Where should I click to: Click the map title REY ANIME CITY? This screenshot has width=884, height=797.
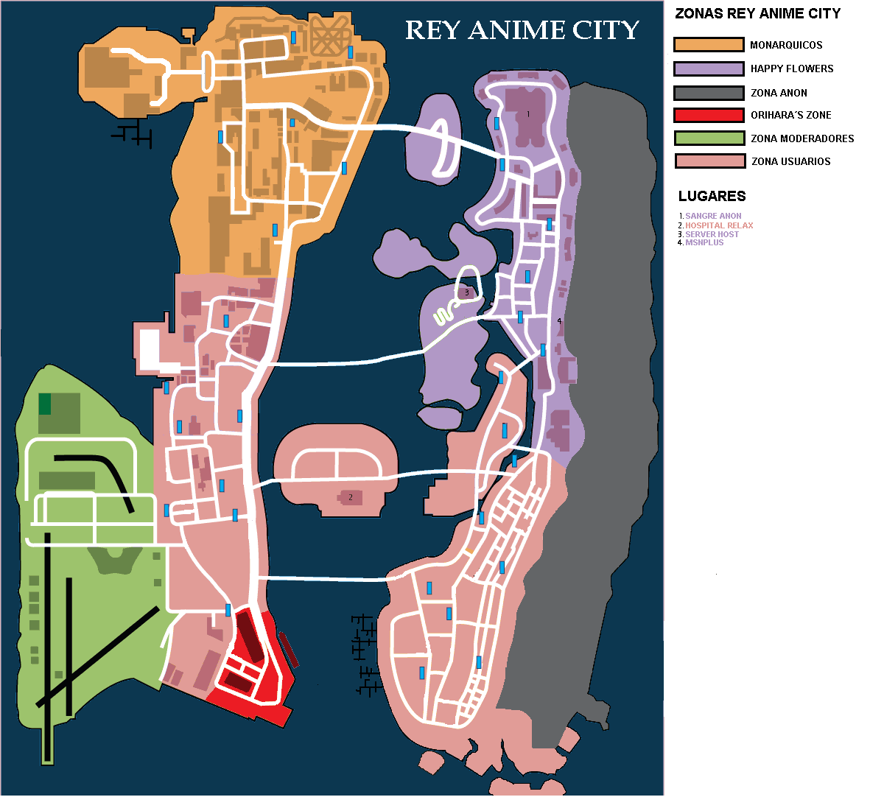pyautogui.click(x=522, y=30)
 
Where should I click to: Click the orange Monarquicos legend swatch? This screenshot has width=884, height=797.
pyautogui.click(x=708, y=45)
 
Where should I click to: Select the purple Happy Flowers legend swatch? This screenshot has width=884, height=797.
pyautogui.click(x=708, y=69)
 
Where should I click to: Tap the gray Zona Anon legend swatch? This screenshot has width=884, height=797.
pyautogui.click(x=708, y=93)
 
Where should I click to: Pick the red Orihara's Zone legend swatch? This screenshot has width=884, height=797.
pyautogui.click(x=708, y=115)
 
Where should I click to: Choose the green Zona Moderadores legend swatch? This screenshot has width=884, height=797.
pyautogui.click(x=708, y=138)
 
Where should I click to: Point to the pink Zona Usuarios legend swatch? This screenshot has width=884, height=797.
pyautogui.click(x=708, y=161)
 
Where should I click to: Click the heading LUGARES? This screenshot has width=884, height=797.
pyautogui.click(x=712, y=196)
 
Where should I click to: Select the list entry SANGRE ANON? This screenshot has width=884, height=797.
pyautogui.click(x=713, y=216)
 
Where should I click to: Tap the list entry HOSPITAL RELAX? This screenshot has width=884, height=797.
pyautogui.click(x=719, y=225)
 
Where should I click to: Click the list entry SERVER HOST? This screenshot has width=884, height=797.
pyautogui.click(x=712, y=234)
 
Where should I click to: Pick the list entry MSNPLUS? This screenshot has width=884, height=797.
pyautogui.click(x=704, y=242)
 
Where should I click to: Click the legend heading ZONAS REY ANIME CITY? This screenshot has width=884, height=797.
pyautogui.click(x=757, y=14)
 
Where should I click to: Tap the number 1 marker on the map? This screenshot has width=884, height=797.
pyautogui.click(x=528, y=114)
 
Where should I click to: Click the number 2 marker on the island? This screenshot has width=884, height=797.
pyautogui.click(x=351, y=497)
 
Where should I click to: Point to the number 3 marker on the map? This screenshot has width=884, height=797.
pyautogui.click(x=466, y=292)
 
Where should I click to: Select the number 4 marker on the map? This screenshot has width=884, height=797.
pyautogui.click(x=559, y=320)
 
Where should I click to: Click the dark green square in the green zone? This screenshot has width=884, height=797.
pyautogui.click(x=45, y=404)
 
